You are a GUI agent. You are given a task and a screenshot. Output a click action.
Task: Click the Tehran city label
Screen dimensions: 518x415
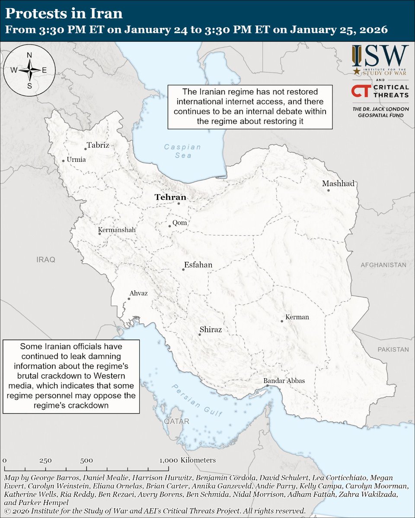point(170,197)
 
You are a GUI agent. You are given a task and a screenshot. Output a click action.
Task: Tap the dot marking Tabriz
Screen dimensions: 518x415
point(86,149)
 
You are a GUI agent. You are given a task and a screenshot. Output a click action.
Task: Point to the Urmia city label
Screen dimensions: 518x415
point(76,160)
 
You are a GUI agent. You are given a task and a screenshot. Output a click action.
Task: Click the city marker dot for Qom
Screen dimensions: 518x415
point(170,226)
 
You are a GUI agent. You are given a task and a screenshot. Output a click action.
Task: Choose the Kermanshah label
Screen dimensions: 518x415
point(117,230)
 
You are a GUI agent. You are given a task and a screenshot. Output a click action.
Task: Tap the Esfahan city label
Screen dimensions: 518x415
point(198,265)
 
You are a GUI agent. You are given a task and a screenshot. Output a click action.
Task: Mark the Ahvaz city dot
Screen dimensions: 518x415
point(129,298)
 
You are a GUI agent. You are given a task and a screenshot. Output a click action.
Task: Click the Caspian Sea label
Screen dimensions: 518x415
point(182,151)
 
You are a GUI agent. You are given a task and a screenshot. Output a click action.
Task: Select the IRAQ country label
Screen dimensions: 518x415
point(46,260)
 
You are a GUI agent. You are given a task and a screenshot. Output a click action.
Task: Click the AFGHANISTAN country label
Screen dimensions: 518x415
point(383,265)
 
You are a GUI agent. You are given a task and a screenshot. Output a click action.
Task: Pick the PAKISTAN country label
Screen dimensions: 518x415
point(393,349)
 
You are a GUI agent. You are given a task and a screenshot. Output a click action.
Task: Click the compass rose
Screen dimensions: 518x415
point(29,70)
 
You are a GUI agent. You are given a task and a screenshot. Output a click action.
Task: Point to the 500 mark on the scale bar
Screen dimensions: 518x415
point(86,460)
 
